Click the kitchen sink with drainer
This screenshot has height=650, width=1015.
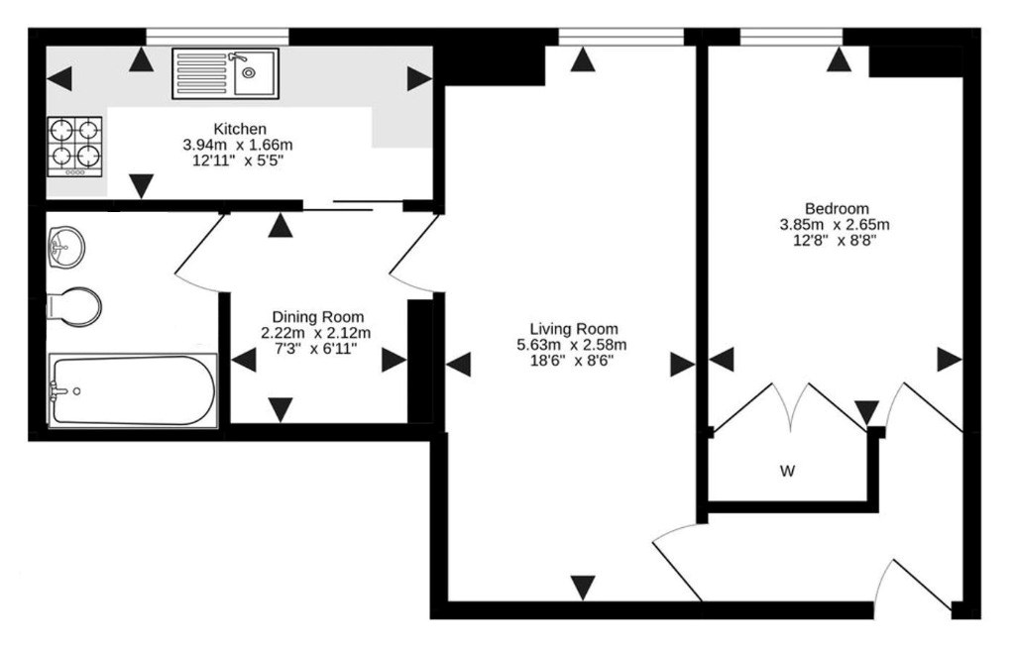coord(225,73)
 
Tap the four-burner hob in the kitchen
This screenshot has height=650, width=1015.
coord(74,147)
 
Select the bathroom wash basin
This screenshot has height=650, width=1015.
coord(66,248)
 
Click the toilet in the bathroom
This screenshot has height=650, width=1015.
coord(73,307)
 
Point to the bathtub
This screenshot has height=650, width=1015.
coord(132,390)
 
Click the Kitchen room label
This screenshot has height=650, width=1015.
coord(240,129)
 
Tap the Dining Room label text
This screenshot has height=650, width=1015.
coord(317,317)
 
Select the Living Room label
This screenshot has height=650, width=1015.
coord(574,328)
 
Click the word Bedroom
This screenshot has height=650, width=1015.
coord(837,208)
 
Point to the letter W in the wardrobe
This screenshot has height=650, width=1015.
coord(787,471)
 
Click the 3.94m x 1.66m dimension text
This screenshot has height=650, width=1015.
coord(238,145)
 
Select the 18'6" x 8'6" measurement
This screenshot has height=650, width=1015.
coord(572,361)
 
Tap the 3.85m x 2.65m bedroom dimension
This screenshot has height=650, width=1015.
coord(834,225)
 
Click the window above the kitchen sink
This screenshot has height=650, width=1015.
coord(217,38)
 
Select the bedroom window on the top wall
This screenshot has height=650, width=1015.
coord(791,38)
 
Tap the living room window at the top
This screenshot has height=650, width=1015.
coord(620,38)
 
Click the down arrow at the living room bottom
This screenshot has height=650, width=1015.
coord(583,588)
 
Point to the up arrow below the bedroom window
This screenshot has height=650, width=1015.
coord(840,60)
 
